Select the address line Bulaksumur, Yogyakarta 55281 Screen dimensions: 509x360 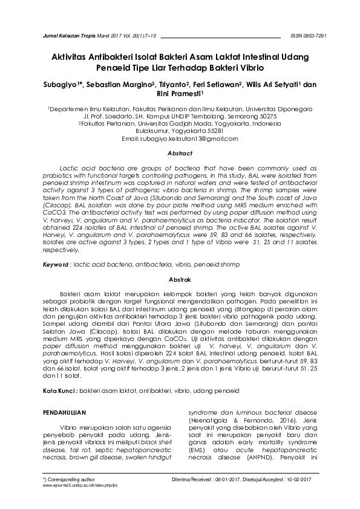click(180, 131)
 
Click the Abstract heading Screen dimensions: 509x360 click(180, 154)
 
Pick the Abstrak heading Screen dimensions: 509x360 click(180, 280)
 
